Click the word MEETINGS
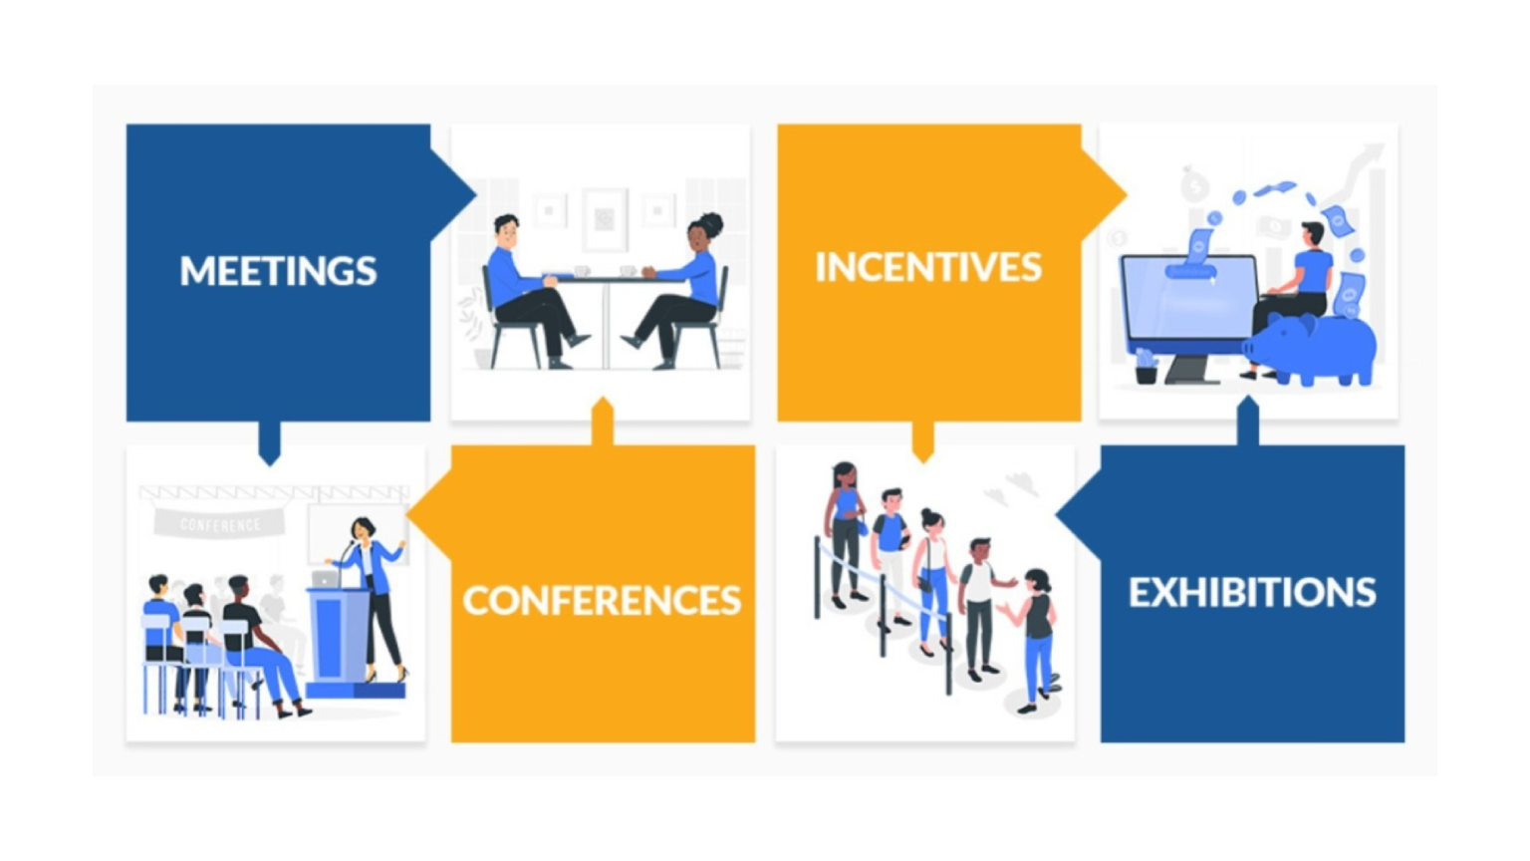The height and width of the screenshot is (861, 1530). click(x=278, y=271)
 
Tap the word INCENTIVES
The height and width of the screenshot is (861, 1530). click(x=928, y=267)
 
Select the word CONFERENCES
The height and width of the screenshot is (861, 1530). click(x=602, y=600)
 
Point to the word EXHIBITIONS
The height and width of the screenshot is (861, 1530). click(x=1252, y=593)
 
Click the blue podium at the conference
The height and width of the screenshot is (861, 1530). click(x=339, y=638)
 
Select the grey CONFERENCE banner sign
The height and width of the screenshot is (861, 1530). click(x=219, y=523)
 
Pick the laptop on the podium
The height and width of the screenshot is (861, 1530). click(x=325, y=578)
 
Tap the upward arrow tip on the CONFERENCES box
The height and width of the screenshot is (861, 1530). click(x=602, y=406)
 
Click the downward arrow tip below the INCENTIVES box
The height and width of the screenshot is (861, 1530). click(x=923, y=455)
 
